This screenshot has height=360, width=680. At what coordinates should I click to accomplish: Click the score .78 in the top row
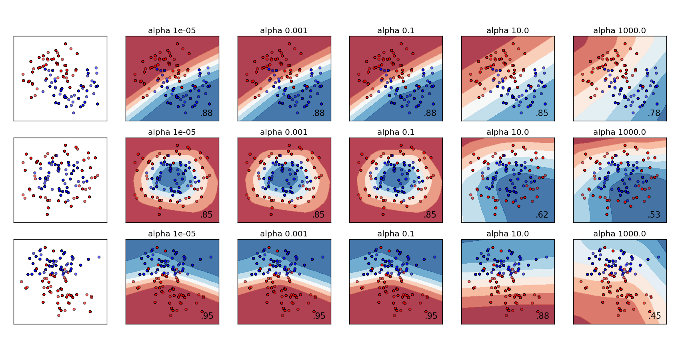coord(654,113)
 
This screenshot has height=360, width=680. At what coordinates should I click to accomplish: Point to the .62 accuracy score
coord(542,215)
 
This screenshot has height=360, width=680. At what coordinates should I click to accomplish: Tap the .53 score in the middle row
coord(654,215)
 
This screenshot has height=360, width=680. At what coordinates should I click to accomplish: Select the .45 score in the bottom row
coord(654,316)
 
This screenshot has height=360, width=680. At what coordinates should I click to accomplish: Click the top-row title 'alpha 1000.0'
coord(619,30)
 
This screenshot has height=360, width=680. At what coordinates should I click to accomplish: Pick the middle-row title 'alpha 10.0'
coord(507,132)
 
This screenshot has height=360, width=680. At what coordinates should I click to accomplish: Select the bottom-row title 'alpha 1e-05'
coord(172,234)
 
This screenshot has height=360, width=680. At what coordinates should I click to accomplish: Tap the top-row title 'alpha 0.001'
coord(284,30)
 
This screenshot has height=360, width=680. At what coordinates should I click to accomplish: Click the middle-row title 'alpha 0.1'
coord(396,132)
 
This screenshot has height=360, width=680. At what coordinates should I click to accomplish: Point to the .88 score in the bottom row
coord(542,316)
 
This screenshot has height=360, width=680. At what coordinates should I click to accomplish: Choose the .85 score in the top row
coord(542,113)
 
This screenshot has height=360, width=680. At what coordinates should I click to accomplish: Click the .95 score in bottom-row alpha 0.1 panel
coord(431,316)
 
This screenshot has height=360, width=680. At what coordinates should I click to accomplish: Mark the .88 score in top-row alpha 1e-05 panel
coord(206,113)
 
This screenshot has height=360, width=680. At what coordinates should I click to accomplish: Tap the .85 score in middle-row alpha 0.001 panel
coord(318,215)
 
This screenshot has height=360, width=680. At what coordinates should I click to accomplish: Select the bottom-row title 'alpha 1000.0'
coord(619,234)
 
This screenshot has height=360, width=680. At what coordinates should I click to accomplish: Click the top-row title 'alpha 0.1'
coord(396,30)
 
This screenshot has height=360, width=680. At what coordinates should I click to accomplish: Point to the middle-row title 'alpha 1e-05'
coord(172,132)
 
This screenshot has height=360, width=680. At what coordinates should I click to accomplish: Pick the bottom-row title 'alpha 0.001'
coord(284,234)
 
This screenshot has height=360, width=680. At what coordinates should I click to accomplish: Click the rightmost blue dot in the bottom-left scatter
coord(99,257)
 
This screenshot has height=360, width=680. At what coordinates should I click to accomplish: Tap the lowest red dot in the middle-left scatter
coord(47,214)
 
